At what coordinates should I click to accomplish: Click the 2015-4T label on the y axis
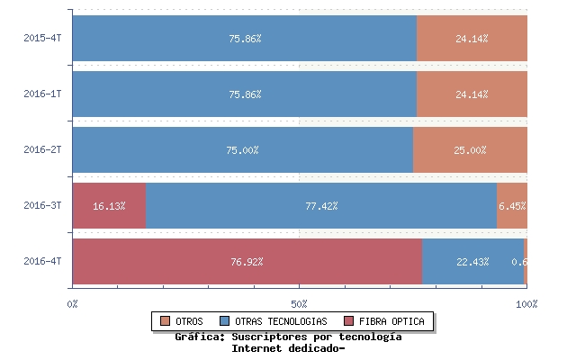click(42, 39)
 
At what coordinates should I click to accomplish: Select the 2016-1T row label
click(42, 94)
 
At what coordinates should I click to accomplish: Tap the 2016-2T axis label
click(42, 149)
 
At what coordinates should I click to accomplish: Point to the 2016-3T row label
click(42, 205)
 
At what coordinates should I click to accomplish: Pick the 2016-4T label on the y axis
click(42, 261)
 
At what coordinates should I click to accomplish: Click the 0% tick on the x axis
click(73, 304)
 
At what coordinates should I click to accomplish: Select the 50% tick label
click(300, 304)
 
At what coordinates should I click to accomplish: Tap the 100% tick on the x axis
click(526, 304)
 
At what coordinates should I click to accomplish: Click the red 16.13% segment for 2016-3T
click(109, 206)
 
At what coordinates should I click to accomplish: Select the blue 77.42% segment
click(321, 206)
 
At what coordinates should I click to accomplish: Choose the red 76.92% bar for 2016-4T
click(247, 262)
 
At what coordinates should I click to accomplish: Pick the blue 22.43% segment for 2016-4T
click(472, 262)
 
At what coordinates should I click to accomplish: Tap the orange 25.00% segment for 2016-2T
click(470, 150)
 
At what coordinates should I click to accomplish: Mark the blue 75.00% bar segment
click(243, 150)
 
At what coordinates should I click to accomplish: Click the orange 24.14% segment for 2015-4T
click(472, 39)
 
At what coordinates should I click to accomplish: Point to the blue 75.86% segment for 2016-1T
click(245, 94)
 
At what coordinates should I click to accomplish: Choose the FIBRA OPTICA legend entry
click(385, 321)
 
